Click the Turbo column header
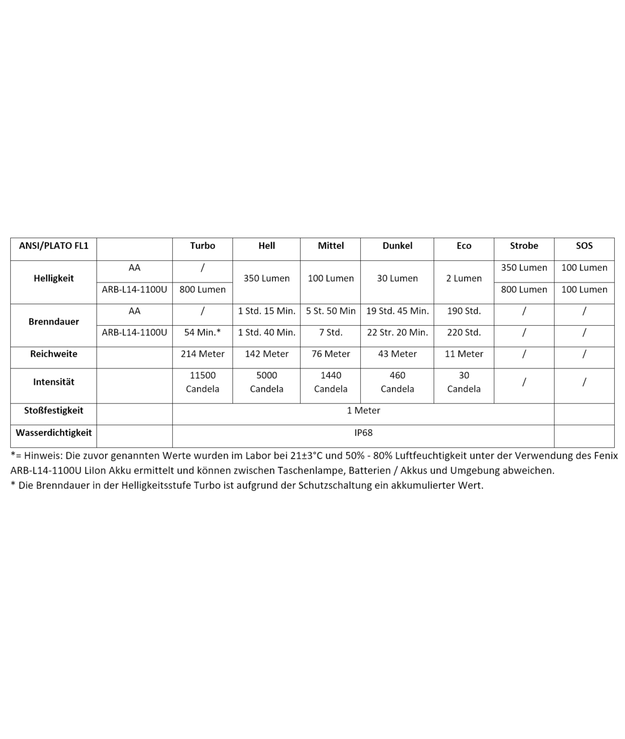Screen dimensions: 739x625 pyautogui.click(x=202, y=246)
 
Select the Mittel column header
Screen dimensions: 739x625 pyautogui.click(x=331, y=246)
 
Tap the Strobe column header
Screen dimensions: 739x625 pyautogui.click(x=524, y=246)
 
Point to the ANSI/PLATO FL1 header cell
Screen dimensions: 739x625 pyautogui.click(x=53, y=246)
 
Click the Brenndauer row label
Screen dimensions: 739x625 pyautogui.click(x=53, y=322)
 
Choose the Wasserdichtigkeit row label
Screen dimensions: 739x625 pyautogui.click(x=53, y=433)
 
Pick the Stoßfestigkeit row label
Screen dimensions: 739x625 pyautogui.click(x=53, y=410)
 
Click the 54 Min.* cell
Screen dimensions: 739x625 pyautogui.click(x=202, y=333)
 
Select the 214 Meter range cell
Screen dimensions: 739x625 pyautogui.click(x=202, y=354)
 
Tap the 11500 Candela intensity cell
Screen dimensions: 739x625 pyautogui.click(x=202, y=382)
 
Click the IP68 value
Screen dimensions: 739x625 pyautogui.click(x=363, y=433)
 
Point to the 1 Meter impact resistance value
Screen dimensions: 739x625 pyautogui.click(x=363, y=410)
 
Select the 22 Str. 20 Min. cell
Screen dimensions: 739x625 pyautogui.click(x=397, y=333)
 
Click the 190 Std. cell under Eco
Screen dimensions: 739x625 pyautogui.click(x=464, y=311)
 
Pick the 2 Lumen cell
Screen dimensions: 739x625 pyautogui.click(x=464, y=279)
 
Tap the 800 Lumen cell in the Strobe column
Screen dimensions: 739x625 pyautogui.click(x=524, y=289)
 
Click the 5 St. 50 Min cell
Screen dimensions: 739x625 pyautogui.click(x=331, y=311)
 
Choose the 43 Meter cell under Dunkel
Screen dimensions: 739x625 pyautogui.click(x=397, y=354)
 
